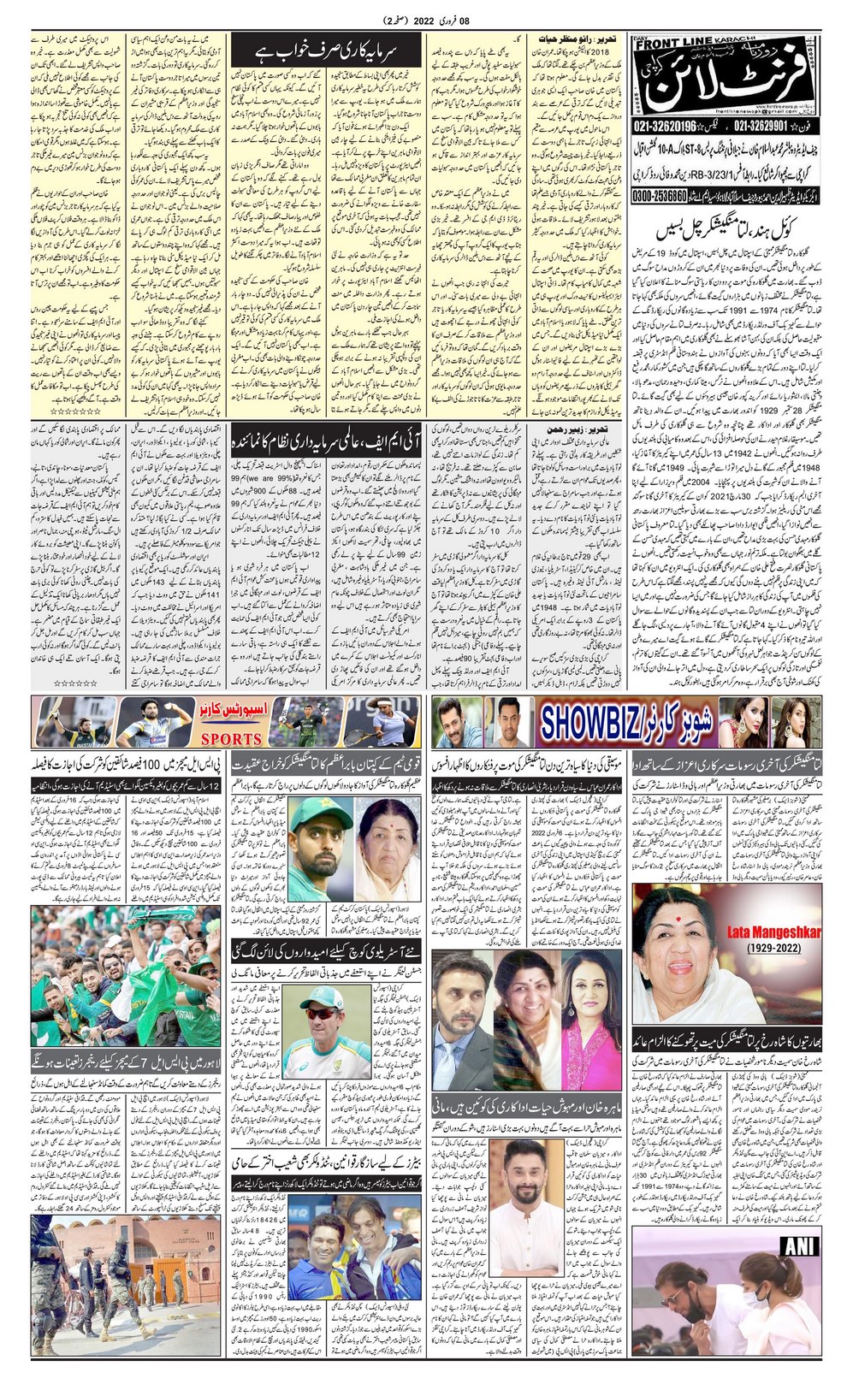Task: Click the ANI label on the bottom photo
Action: point(799,1247)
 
